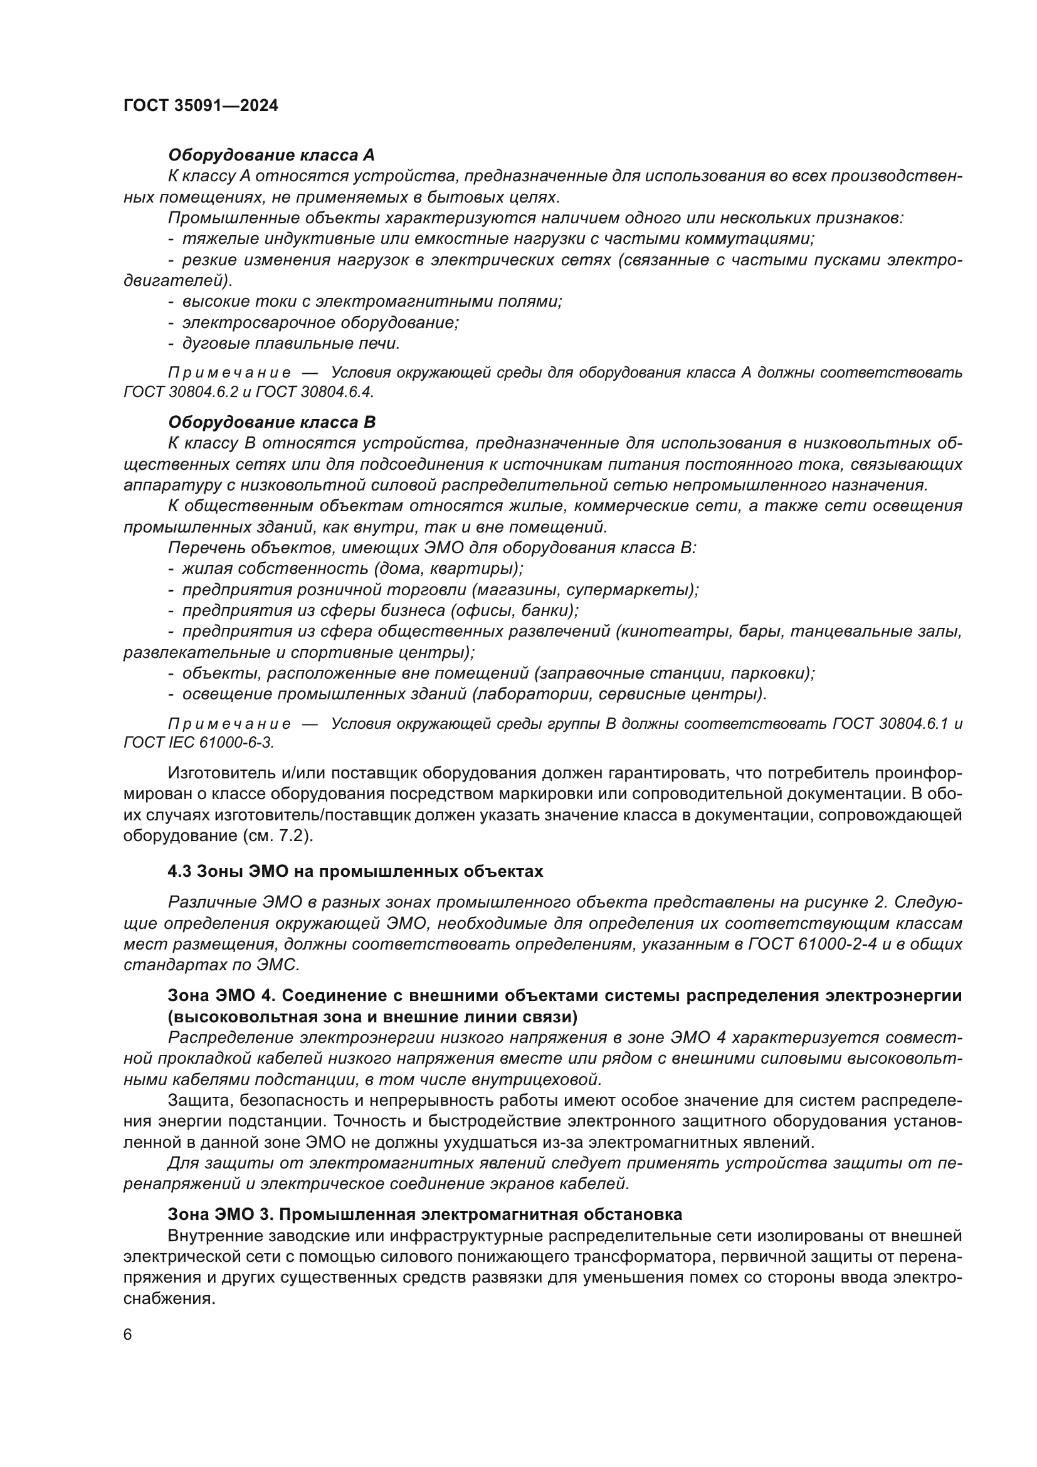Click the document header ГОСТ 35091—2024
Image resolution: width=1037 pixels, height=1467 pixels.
(x=201, y=106)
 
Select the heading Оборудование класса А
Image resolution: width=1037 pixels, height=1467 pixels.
(x=271, y=156)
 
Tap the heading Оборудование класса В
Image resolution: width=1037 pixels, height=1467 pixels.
(x=271, y=422)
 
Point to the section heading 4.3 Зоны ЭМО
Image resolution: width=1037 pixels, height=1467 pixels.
(x=355, y=872)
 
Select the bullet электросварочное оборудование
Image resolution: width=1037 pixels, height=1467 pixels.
(x=320, y=322)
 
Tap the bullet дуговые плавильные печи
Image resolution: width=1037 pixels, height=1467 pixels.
(x=290, y=344)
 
